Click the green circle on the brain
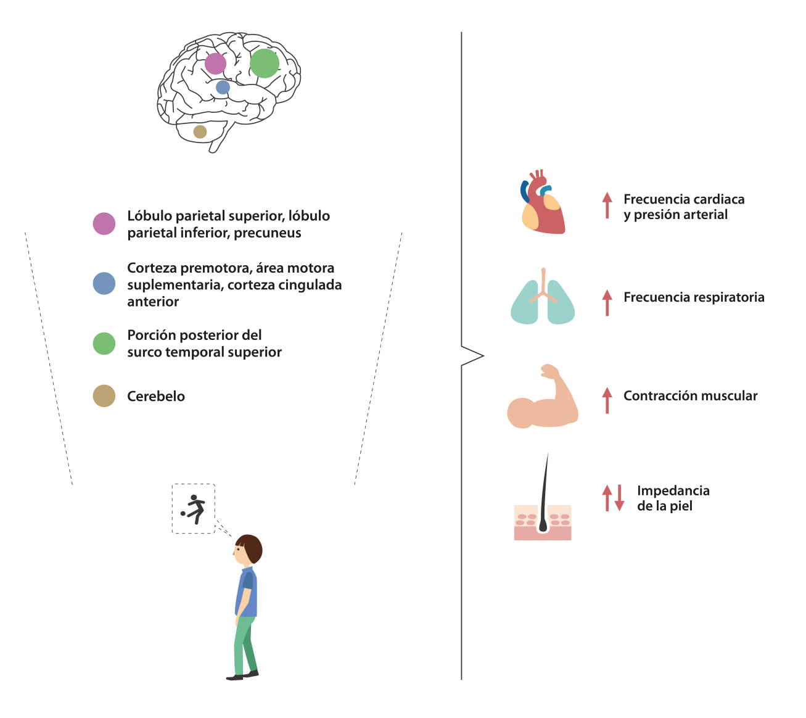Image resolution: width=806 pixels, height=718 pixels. tap(264, 64)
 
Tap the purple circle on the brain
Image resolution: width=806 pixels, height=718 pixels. tap(215, 64)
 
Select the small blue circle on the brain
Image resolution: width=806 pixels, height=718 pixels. tap(223, 87)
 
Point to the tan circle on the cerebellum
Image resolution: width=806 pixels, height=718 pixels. tap(200, 132)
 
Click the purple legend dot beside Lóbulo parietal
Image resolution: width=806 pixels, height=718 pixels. tap(104, 224)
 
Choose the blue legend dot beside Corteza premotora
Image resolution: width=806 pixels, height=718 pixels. tap(104, 283)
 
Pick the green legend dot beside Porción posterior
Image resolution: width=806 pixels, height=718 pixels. tap(104, 344)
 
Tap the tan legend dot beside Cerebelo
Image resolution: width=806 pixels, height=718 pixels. tap(104, 396)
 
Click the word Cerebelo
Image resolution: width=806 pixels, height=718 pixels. tap(156, 397)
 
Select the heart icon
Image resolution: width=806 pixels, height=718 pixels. tap(543, 202)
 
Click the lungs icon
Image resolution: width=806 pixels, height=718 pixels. tap(543, 297)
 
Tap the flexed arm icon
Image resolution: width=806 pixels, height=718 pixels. tap(543, 397)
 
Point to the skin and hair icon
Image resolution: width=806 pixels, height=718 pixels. tap(543, 497)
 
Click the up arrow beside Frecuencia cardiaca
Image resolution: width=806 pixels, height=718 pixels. tap(607, 205)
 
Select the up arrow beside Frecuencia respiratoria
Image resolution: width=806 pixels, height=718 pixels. tap(607, 303)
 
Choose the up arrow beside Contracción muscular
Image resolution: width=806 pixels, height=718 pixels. tap(607, 400)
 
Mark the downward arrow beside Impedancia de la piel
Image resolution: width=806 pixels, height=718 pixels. tap(619, 498)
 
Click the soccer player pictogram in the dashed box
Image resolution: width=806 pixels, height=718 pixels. tap(193, 509)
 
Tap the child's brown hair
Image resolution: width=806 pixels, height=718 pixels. tap(251, 548)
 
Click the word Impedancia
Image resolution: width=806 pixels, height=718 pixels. tap(673, 491)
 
